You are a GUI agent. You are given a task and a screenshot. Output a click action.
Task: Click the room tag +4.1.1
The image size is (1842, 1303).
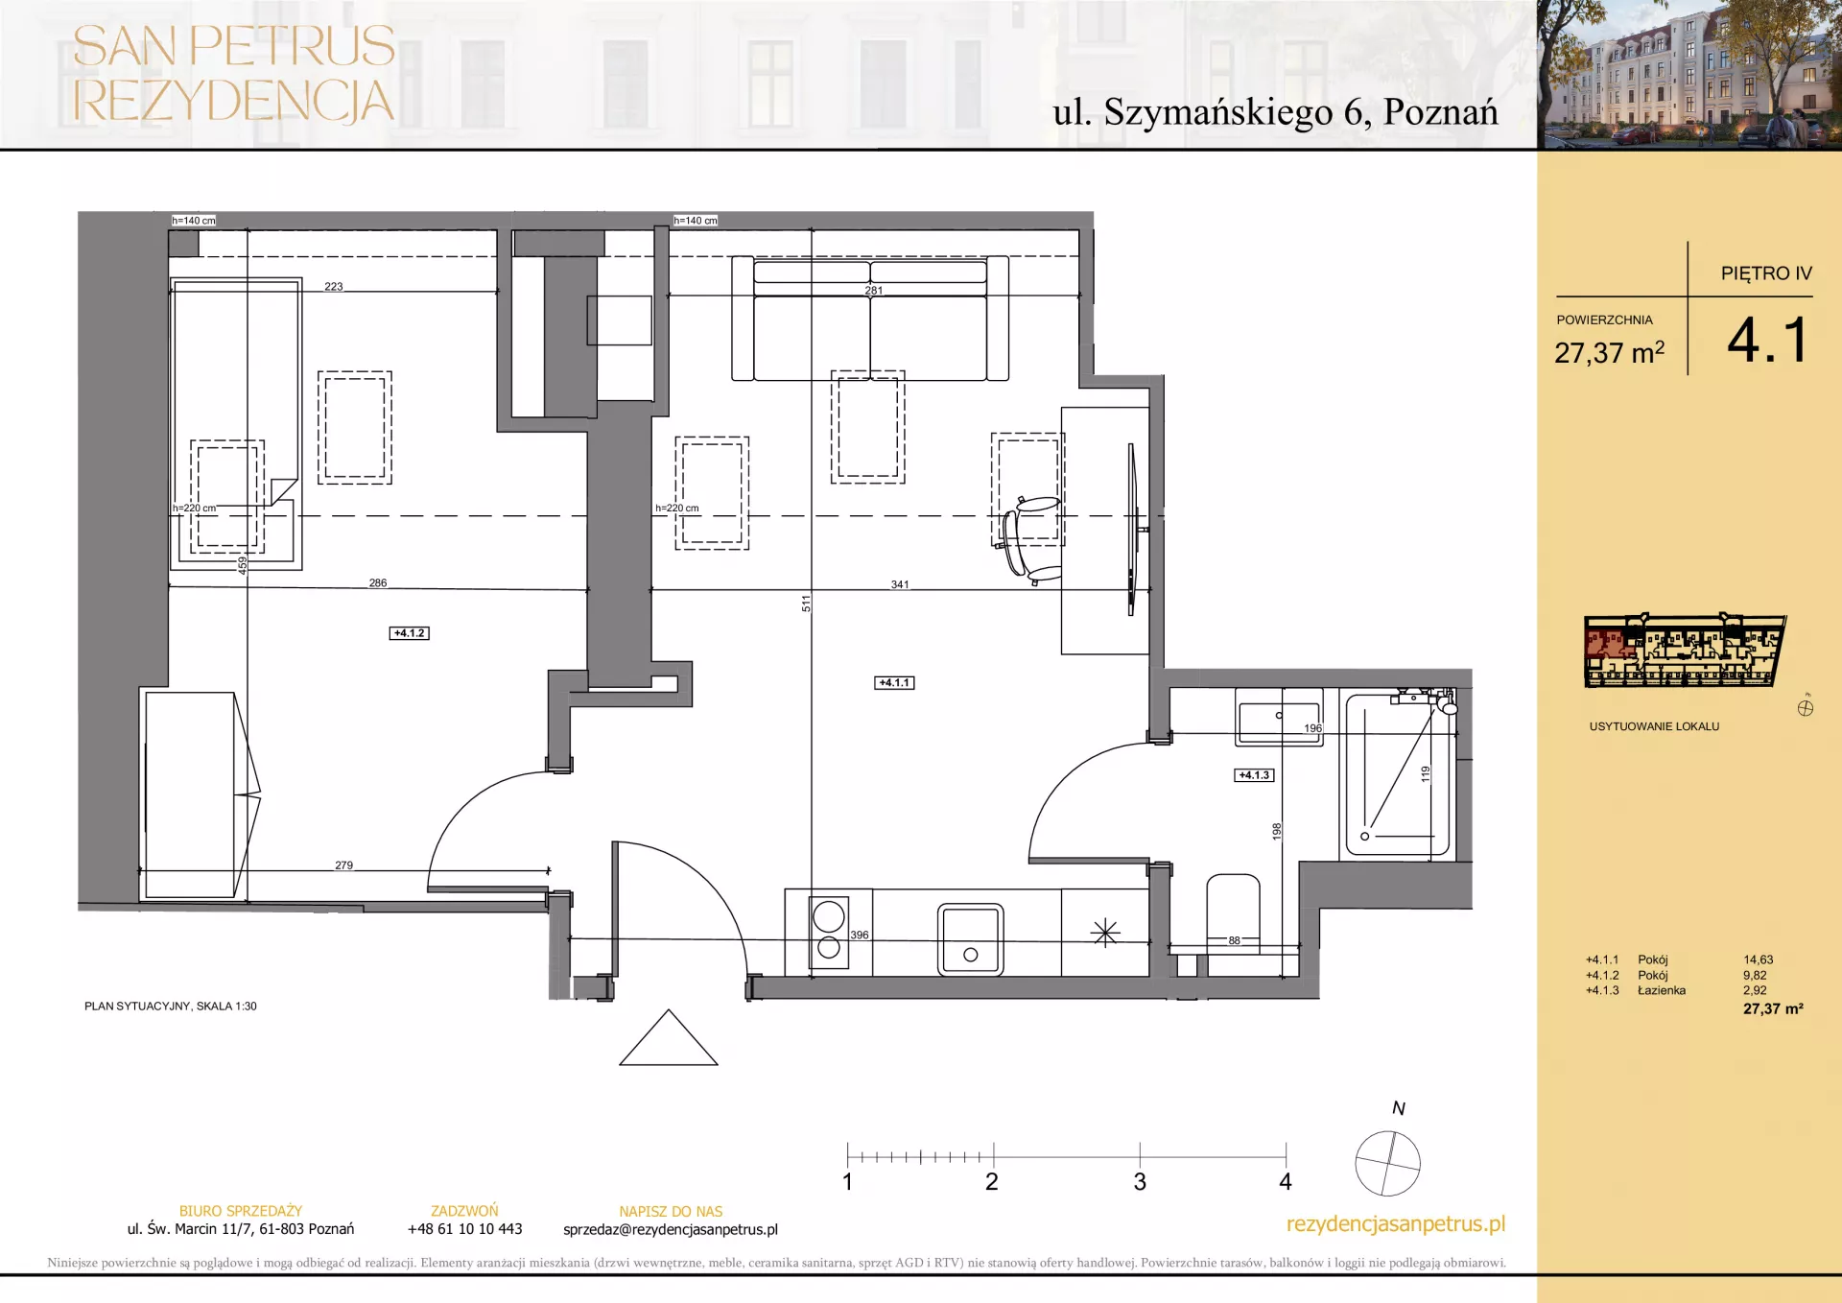coord(894,683)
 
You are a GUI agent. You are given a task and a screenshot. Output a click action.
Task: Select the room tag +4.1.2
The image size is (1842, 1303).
coord(410,633)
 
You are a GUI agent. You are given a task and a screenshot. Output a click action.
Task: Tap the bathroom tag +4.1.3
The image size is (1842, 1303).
coord(1254,775)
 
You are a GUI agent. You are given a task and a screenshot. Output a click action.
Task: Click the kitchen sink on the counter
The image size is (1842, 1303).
coord(970,939)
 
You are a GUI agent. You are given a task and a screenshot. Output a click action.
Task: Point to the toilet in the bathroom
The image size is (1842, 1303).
coord(1233,925)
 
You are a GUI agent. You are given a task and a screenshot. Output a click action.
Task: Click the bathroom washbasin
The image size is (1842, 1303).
coord(1279,718)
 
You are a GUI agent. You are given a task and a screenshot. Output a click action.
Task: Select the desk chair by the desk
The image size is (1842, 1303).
coord(1029,540)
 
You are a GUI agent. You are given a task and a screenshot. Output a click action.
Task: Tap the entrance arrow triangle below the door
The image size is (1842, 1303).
coord(669,1038)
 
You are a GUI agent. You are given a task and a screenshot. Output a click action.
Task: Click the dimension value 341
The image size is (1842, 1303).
coord(900,584)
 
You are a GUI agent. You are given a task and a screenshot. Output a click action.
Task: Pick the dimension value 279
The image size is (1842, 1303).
coord(343,865)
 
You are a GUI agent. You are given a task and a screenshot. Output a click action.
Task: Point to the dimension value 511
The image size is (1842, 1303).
coord(806,604)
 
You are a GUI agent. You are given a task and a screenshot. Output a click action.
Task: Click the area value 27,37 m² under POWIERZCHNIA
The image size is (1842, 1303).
coord(1610,352)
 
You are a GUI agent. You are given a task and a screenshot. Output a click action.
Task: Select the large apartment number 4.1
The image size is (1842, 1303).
coord(1768,341)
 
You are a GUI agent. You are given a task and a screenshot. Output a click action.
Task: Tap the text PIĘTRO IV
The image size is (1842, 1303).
coord(1766,273)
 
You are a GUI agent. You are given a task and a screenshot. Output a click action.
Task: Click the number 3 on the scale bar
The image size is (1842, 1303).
coord(1140,1182)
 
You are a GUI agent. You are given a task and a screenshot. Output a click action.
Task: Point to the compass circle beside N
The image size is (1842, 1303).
coord(1387,1164)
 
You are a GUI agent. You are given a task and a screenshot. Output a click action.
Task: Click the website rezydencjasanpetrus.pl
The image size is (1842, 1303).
coord(1396,1224)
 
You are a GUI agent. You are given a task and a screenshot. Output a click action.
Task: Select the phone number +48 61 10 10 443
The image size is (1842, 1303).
coord(465,1229)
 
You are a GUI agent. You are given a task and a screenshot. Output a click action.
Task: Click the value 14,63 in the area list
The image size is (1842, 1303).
coord(1759,959)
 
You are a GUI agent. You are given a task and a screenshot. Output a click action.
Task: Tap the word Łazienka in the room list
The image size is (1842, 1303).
coord(1662,990)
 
